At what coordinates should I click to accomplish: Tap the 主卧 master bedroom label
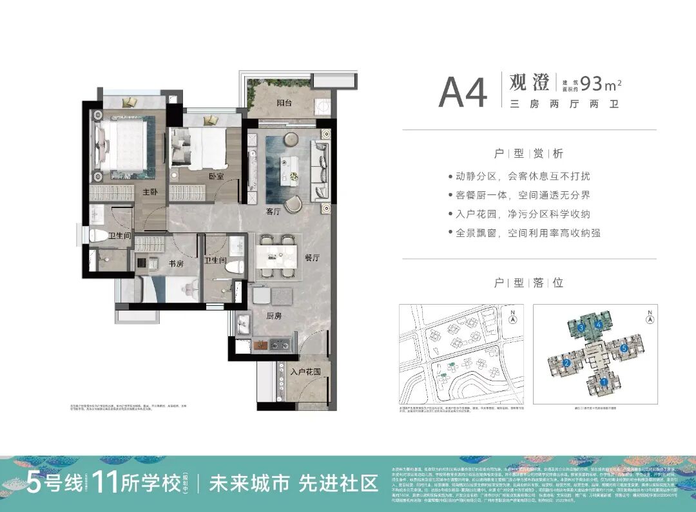[151, 192]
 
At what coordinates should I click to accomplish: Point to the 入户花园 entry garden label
[305, 372]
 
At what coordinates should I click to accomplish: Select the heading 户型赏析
[528, 154]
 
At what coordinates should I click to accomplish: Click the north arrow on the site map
[513, 317]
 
